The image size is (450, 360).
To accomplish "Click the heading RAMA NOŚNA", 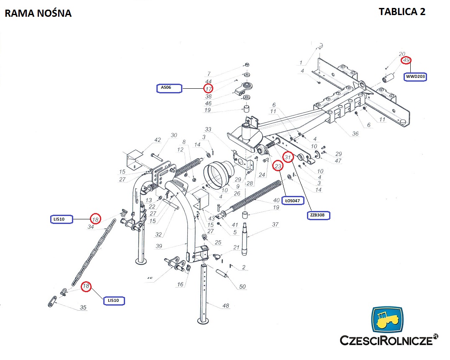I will pyautogui.click(x=38, y=13).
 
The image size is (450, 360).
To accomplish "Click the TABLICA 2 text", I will pyautogui.click(x=402, y=11).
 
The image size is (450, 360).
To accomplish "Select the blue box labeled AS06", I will pyautogui.click(x=169, y=88).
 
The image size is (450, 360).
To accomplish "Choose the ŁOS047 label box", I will pyautogui.click(x=292, y=201).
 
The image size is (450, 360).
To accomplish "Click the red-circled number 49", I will pyautogui.click(x=406, y=61).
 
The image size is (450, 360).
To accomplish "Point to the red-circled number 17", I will pyautogui.click(x=208, y=88).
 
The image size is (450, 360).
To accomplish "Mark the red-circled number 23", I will pyautogui.click(x=278, y=167).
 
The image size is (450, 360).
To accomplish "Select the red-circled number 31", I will pyautogui.click(x=288, y=157).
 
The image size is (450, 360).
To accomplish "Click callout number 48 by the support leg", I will pyautogui.click(x=225, y=306).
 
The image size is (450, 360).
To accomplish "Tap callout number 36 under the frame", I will pyautogui.click(x=355, y=134).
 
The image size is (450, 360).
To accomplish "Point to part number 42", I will pyautogui.click(x=157, y=140).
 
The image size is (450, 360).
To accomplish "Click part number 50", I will pyautogui.click(x=242, y=287).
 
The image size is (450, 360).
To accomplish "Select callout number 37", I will pyautogui.click(x=275, y=225).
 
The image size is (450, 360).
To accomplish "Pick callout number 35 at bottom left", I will pyautogui.click(x=83, y=308).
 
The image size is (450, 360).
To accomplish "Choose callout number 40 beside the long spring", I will pyautogui.click(x=276, y=200).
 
